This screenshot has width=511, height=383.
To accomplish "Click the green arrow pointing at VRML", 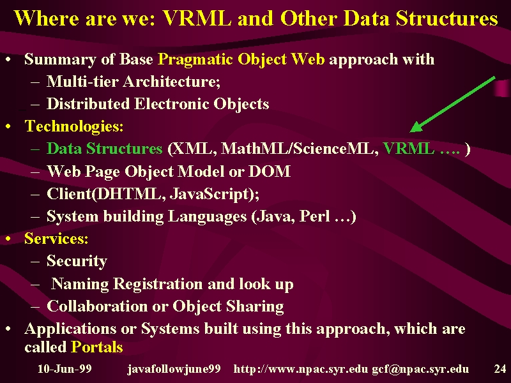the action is [452, 105].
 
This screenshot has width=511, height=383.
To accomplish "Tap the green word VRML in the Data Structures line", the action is [408, 149].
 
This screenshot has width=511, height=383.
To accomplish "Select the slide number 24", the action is [500, 369].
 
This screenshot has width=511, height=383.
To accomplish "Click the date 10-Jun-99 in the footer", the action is [65, 369].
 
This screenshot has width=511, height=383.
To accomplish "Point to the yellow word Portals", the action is [97, 347].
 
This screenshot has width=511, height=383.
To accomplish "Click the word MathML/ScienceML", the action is [300, 149].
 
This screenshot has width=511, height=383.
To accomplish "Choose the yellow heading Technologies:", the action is [74, 126].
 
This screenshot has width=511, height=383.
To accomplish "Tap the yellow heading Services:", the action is [56, 238].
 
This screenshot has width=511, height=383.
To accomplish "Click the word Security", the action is [77, 261].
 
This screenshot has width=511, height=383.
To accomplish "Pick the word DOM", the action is [269, 171].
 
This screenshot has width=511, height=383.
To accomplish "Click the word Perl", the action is [314, 216].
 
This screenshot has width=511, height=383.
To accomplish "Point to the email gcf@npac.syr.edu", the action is [420, 369].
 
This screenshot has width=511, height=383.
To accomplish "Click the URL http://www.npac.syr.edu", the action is [301, 369].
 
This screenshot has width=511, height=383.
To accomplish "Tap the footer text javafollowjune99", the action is [174, 369].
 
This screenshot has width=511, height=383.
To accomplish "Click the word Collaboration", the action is [97, 306].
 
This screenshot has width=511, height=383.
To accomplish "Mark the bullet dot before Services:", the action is [8, 239].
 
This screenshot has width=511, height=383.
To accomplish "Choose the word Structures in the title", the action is [446, 19].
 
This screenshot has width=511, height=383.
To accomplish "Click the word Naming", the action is [80, 284].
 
